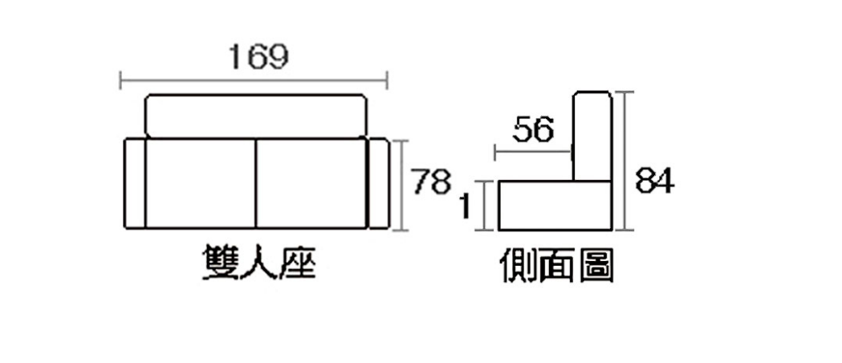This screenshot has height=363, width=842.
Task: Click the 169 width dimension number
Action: pos(258,58)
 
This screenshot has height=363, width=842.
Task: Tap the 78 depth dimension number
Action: pos(431,181)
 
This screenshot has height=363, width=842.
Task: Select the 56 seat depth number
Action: pos(533,130)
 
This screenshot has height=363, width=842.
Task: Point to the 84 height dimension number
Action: pos(655,181)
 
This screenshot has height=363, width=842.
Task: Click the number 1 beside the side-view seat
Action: pos(465,206)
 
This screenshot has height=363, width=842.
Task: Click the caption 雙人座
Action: pos(258,263)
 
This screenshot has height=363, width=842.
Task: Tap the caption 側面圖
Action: pos(556,265)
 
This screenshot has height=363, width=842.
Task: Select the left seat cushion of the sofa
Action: pos(201,184)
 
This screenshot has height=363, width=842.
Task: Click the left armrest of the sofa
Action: pos(135,184)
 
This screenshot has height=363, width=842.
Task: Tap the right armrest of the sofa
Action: pos(379,184)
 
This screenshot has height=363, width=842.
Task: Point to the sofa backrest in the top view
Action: pos(257,116)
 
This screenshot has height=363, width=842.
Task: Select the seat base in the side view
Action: pos(555,206)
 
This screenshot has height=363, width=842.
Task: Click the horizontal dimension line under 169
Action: pos(254,82)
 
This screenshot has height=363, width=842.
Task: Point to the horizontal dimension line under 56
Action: pos(533,153)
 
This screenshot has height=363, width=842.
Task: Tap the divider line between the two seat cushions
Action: pos(256,184)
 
